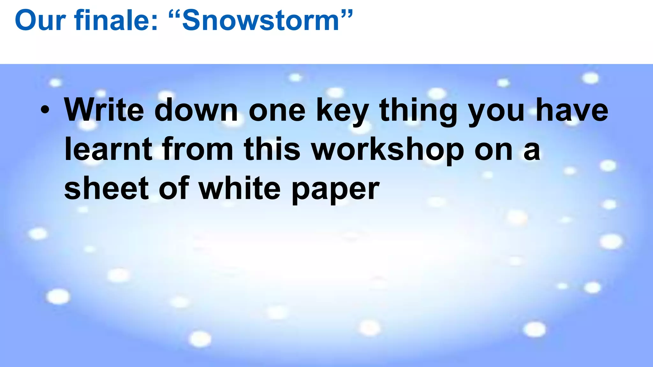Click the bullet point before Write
tap(45, 110)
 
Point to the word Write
tap(104, 110)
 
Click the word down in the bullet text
tap(196, 110)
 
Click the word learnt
tap(108, 149)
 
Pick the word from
tap(198, 149)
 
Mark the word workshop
tap(387, 150)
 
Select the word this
tap(272, 149)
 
